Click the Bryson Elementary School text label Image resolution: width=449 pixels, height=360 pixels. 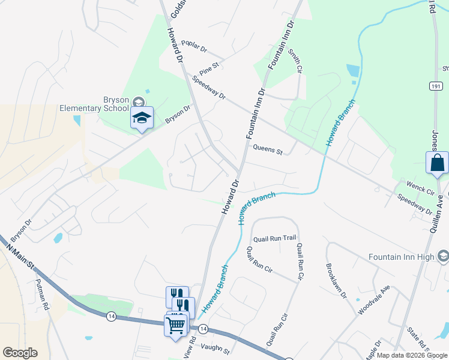[x=94, y=104]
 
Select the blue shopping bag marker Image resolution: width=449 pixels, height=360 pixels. [x=437, y=163]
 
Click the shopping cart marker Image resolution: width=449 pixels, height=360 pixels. [x=175, y=326]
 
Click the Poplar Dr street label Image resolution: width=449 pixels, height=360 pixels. [x=194, y=47]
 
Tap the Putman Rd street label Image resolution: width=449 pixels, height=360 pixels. [x=42, y=294]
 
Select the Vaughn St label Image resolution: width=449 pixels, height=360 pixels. [x=215, y=347]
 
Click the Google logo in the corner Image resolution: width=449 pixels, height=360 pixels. [x=20, y=353]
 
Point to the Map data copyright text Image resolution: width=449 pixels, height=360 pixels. [x=412, y=355]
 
